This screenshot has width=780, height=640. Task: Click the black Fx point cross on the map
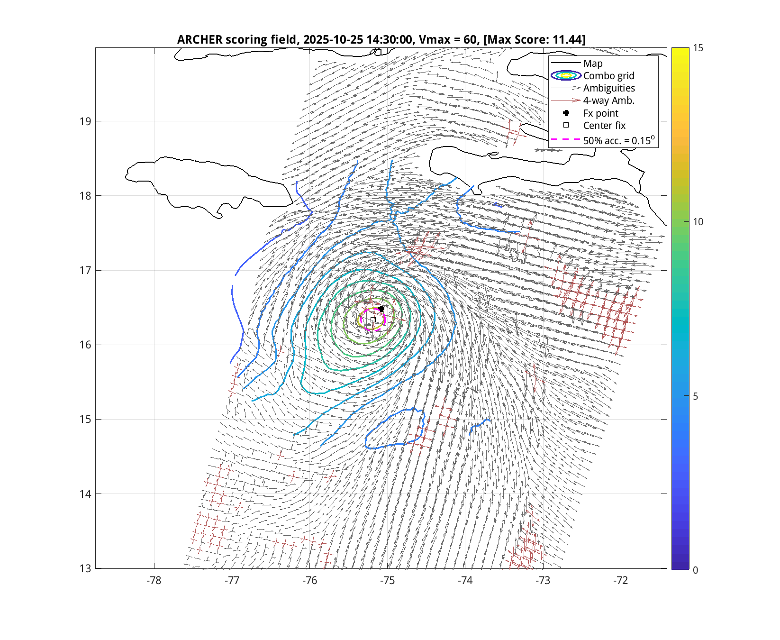pos(381,309)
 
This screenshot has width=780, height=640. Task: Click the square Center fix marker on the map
pos(373,320)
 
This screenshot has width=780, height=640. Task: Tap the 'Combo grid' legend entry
pos(608,76)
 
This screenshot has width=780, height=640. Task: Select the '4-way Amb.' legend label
pos(608,101)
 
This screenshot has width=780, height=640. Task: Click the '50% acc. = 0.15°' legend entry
pos(618,140)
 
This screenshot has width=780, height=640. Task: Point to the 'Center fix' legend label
pos(604,126)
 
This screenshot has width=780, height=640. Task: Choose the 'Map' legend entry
pos(593,64)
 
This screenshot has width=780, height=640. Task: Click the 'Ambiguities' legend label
pos(609,88)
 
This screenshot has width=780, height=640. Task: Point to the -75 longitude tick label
pos(388,581)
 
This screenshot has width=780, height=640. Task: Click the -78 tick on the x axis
pos(154,581)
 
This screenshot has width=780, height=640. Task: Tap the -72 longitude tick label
pos(621,581)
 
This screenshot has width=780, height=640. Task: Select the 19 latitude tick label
pos(85,121)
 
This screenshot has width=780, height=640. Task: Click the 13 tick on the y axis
pos(85,568)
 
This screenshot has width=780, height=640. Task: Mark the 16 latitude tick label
pos(85,345)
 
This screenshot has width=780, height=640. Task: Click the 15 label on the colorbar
pos(698,48)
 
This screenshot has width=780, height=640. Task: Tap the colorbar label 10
pos(698,222)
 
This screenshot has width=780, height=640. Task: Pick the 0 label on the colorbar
pos(695,570)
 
